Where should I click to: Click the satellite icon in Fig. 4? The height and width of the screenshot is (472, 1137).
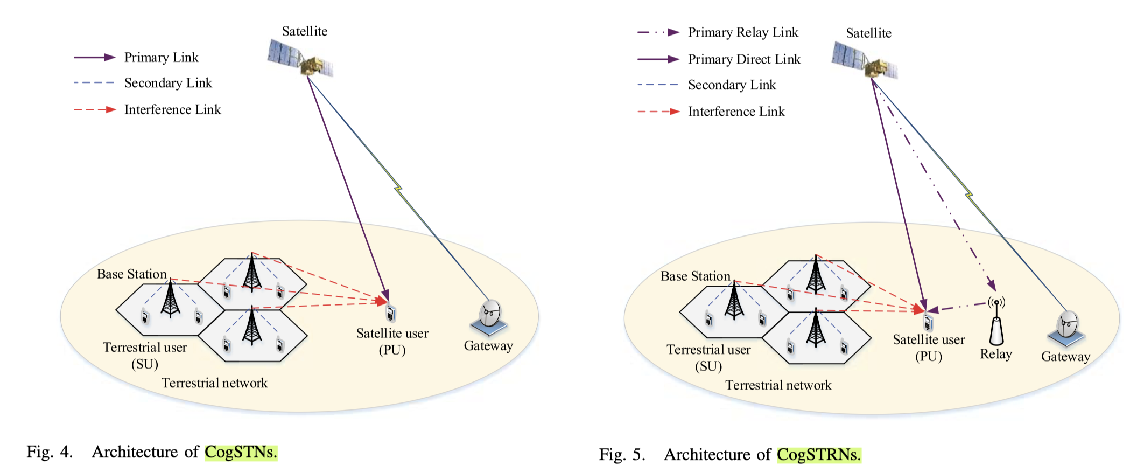(x=300, y=58)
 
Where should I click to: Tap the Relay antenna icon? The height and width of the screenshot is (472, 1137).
(x=996, y=323)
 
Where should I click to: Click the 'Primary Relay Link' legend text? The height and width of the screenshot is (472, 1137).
(x=743, y=32)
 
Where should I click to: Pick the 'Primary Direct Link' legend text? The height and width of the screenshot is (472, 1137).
(x=744, y=59)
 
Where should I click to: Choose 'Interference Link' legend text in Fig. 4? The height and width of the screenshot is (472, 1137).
(x=172, y=110)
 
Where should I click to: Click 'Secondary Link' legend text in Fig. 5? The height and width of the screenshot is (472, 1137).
(x=732, y=85)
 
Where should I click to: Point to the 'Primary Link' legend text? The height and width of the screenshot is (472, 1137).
(x=161, y=58)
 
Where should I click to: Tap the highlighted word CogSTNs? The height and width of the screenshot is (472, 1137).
(x=241, y=452)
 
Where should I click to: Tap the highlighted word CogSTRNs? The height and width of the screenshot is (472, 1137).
(x=819, y=455)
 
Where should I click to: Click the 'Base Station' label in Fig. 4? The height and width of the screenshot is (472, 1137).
(x=131, y=274)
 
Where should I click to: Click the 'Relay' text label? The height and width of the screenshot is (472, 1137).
(x=996, y=354)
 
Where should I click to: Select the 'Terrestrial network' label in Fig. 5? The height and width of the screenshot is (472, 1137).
(x=778, y=385)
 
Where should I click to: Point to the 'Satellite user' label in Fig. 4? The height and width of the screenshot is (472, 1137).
(x=392, y=334)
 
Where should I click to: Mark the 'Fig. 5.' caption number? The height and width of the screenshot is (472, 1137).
(x=622, y=455)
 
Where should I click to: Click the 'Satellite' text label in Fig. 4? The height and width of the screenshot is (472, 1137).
(x=305, y=31)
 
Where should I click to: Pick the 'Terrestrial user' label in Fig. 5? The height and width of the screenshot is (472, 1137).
(x=708, y=350)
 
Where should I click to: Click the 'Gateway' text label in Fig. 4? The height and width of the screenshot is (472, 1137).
(x=488, y=346)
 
